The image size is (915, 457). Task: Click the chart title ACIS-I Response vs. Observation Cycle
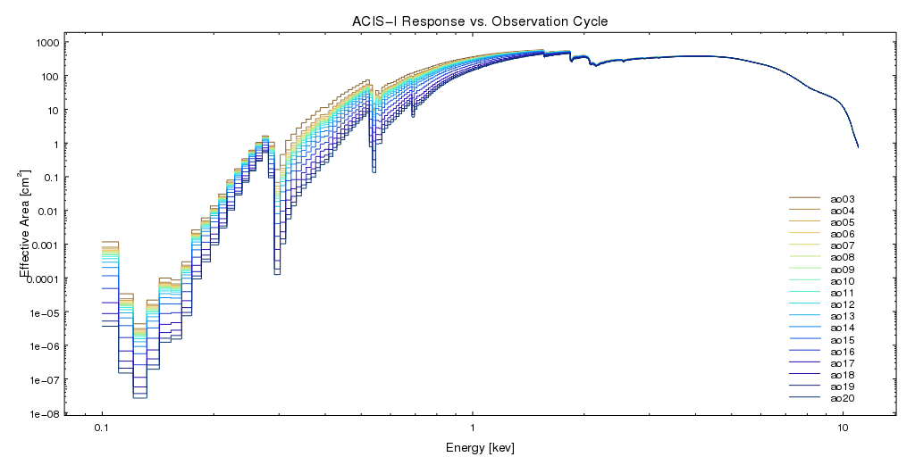[474, 21]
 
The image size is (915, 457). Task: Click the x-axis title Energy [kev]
[480, 447]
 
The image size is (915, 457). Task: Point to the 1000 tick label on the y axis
[47, 43]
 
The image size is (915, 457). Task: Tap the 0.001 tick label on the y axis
[44, 245]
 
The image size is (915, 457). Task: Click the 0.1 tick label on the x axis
[102, 429]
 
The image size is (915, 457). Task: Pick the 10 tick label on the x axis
[843, 429]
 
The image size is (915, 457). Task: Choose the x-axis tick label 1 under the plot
[473, 429]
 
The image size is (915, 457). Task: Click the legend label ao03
[843, 198]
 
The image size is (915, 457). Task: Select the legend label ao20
[843, 398]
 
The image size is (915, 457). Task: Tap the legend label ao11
[843, 293]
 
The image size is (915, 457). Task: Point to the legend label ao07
[843, 245]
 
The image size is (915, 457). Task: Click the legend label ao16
[843, 352]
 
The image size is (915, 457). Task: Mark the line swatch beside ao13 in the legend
[803, 316]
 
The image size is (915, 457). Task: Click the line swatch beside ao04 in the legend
[803, 210]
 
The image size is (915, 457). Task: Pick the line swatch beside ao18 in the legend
[803, 375]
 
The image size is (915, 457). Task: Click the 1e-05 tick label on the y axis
[44, 313]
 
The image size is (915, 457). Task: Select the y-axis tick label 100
[50, 77]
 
